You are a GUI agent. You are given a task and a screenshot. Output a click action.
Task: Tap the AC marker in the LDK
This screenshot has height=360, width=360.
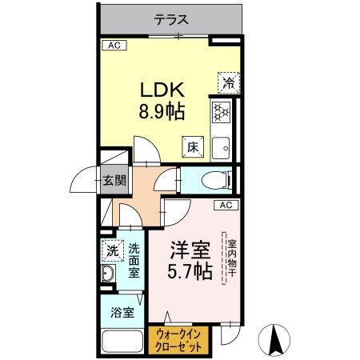coord(114,46)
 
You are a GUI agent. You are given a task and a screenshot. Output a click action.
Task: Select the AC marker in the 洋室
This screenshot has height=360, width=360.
coord(226,206)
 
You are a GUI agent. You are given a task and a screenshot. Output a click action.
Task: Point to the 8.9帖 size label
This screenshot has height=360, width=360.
coord(164,111)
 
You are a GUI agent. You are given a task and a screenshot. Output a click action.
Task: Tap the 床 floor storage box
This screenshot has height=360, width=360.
coord(193,147)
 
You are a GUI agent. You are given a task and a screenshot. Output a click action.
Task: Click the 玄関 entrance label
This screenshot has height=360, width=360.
coord(114,180)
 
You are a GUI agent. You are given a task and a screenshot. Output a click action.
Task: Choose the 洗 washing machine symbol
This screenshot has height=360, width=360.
coord(113,250)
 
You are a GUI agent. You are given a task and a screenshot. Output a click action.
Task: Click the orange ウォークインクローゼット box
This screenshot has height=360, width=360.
coord(179,339)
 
